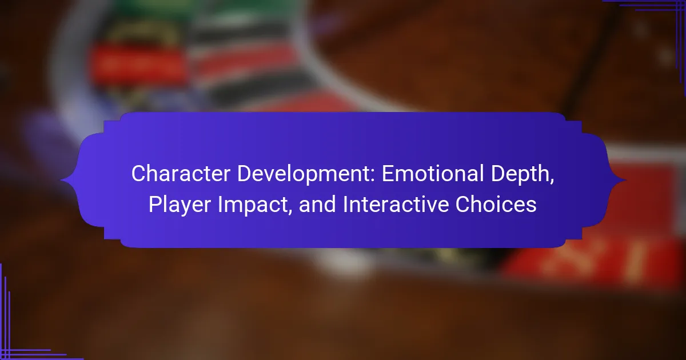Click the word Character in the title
[x=181, y=174]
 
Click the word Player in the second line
[x=180, y=205]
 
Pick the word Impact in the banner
[x=255, y=205]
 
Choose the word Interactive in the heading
[x=396, y=204]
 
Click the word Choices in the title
[x=496, y=204]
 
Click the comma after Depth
[x=552, y=182]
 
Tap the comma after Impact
[x=289, y=213]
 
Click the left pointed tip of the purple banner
[x=61, y=181]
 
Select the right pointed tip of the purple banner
[x=625, y=181]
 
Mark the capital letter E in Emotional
[x=388, y=174]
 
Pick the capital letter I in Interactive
[x=345, y=204]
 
